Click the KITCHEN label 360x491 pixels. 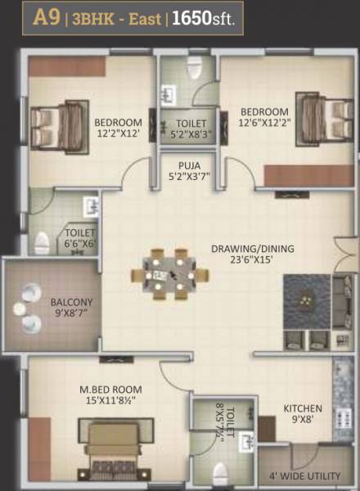click(303, 408)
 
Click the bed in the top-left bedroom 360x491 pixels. click(59, 119)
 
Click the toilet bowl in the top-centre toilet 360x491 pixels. click(194, 72)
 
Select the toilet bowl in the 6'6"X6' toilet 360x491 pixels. click(42, 241)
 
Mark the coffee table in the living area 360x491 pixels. click(306, 300)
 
